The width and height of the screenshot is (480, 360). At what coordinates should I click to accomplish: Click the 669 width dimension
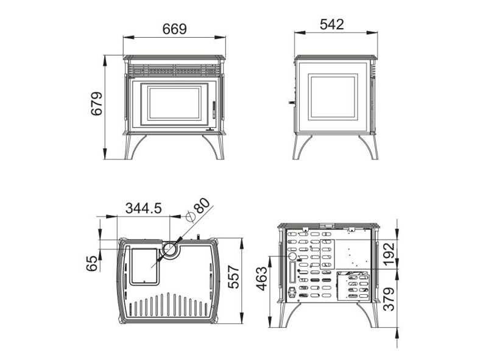click(x=174, y=29)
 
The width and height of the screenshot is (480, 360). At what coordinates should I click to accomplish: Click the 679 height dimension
click(x=97, y=104)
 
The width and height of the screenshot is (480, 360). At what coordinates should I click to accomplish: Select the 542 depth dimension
click(x=332, y=24)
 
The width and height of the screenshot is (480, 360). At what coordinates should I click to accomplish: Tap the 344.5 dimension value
click(x=143, y=208)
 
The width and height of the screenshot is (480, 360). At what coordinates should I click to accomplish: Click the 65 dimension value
click(x=92, y=263)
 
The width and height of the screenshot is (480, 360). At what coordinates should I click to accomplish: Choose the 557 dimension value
click(x=234, y=277)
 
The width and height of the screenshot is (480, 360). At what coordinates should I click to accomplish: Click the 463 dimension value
click(x=262, y=279)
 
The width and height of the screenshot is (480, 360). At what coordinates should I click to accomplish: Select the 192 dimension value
click(x=389, y=255)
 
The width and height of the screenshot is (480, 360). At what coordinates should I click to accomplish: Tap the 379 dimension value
click(x=389, y=299)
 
